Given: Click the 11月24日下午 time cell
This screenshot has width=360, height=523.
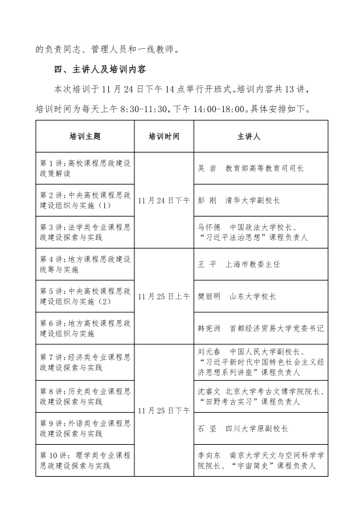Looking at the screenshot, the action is point(163,200).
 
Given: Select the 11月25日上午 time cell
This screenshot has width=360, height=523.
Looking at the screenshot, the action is point(163,295).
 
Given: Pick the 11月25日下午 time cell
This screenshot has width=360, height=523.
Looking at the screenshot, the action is point(163,410).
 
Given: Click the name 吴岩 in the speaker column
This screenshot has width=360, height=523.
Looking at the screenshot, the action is point(206,168).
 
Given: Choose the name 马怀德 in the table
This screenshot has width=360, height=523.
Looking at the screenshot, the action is point(209,227).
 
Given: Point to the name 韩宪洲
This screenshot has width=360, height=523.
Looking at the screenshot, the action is point(209,328).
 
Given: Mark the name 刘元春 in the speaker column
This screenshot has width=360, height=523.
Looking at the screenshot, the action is point(209,350).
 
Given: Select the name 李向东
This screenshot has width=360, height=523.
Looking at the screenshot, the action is point(209,456).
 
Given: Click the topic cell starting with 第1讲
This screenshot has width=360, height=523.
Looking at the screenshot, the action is point(85,168).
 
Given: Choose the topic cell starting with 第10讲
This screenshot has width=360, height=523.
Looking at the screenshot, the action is point(85,460).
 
